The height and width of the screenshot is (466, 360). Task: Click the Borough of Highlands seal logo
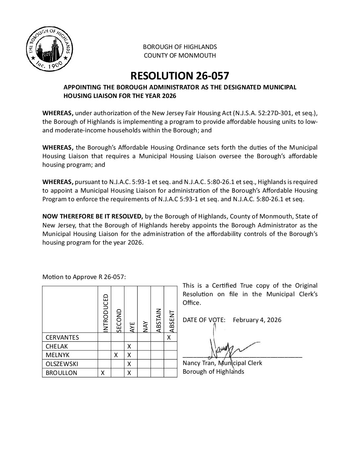[x=48, y=49]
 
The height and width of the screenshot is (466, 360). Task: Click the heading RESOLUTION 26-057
[x=180, y=76]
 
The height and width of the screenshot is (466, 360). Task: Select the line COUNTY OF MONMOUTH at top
[x=180, y=56]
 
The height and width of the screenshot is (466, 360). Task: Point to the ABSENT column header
[x=171, y=321]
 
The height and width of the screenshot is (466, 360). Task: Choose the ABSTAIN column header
[x=158, y=320]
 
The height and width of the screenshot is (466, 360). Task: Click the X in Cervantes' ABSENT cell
[x=169, y=338]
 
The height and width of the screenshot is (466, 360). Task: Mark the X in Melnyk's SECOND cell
[x=116, y=355]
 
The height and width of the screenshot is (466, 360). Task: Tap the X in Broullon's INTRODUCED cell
[x=103, y=373]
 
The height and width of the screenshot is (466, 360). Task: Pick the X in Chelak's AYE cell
[x=129, y=347]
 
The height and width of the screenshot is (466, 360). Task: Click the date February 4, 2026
[x=257, y=320]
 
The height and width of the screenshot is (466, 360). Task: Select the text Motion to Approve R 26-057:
[x=84, y=277]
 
